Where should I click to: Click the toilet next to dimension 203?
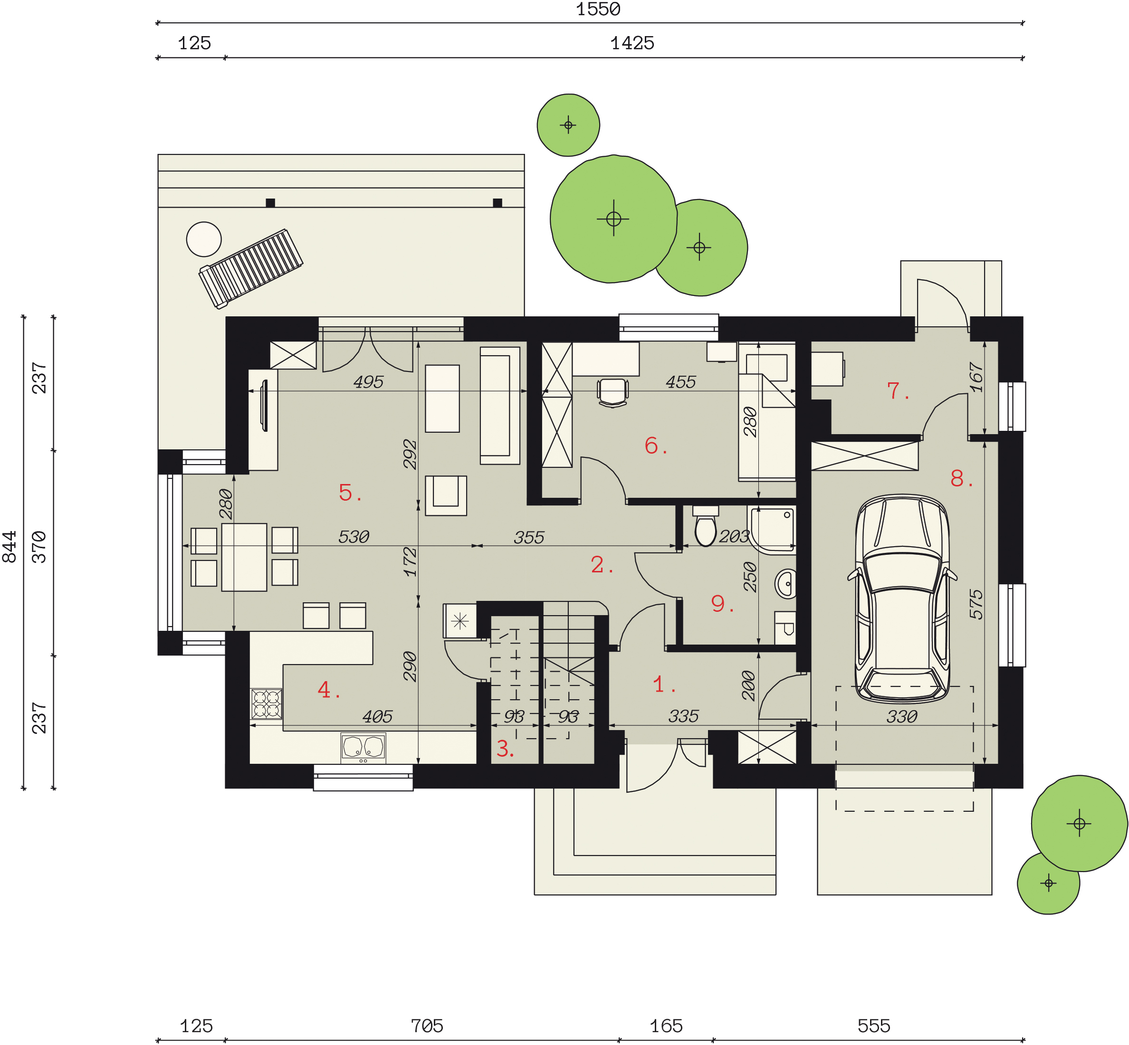705,526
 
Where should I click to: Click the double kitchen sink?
363,747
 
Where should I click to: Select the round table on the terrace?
204,239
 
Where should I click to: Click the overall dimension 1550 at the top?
598,9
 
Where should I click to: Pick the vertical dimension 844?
10,547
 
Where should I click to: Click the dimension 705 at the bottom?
427,1026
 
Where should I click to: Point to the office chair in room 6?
612,392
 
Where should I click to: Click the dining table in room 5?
244,557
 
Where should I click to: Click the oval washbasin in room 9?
785,584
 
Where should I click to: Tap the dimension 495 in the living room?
368,382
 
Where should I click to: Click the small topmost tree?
568,125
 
